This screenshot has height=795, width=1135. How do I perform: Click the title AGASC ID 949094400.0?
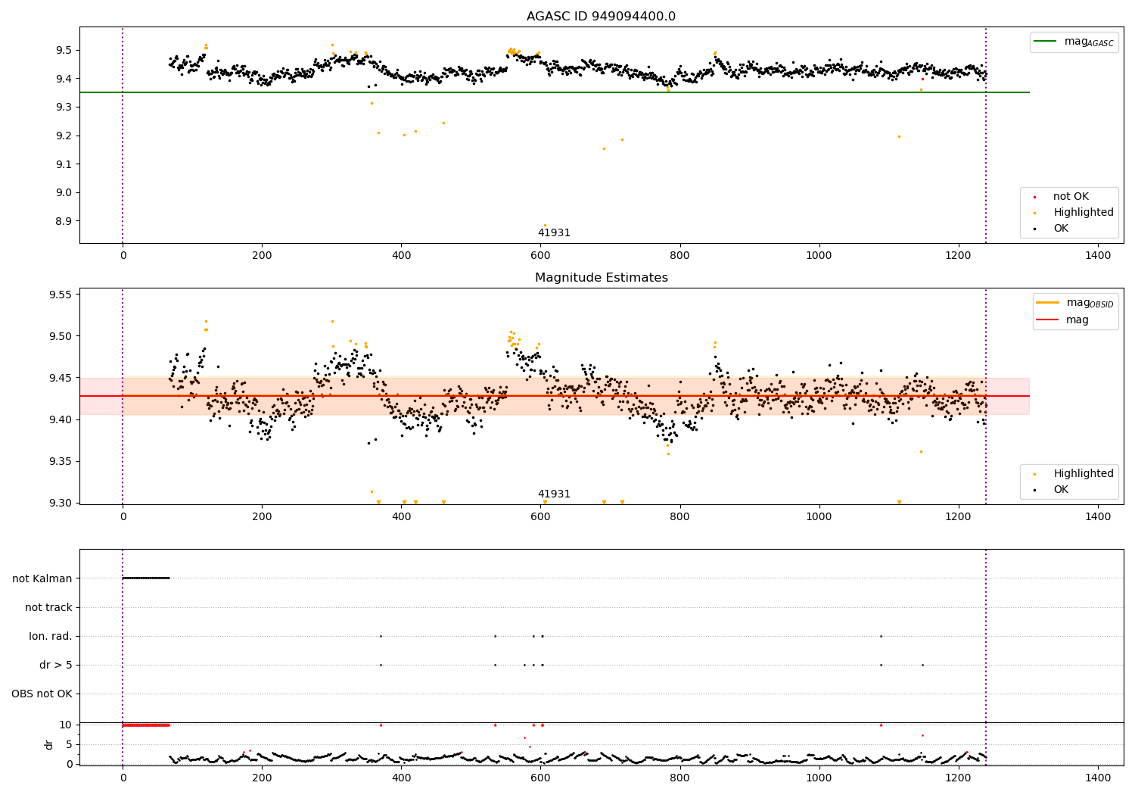(601, 17)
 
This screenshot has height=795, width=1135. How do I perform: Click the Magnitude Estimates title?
(601, 278)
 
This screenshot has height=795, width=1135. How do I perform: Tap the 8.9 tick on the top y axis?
(64, 221)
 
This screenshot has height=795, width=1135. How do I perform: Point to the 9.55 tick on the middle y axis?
(59, 295)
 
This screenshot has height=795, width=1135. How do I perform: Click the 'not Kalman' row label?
(42, 578)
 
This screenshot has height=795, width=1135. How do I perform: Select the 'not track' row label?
(48, 607)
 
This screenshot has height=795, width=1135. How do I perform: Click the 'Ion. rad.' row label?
(51, 636)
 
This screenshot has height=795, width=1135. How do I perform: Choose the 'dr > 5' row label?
(56, 665)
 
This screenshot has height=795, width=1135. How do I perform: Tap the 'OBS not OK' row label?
(42, 694)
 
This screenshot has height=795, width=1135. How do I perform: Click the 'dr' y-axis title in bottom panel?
(49, 744)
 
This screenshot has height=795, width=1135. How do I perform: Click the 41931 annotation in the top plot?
(554, 233)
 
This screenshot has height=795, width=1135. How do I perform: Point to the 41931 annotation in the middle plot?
(554, 494)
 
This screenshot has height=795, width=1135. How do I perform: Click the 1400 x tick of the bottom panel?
(1097, 777)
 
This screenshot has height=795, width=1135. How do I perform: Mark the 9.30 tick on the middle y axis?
(59, 503)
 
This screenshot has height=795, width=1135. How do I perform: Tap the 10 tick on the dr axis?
(66, 725)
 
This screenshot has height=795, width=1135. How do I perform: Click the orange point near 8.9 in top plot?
(545, 225)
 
